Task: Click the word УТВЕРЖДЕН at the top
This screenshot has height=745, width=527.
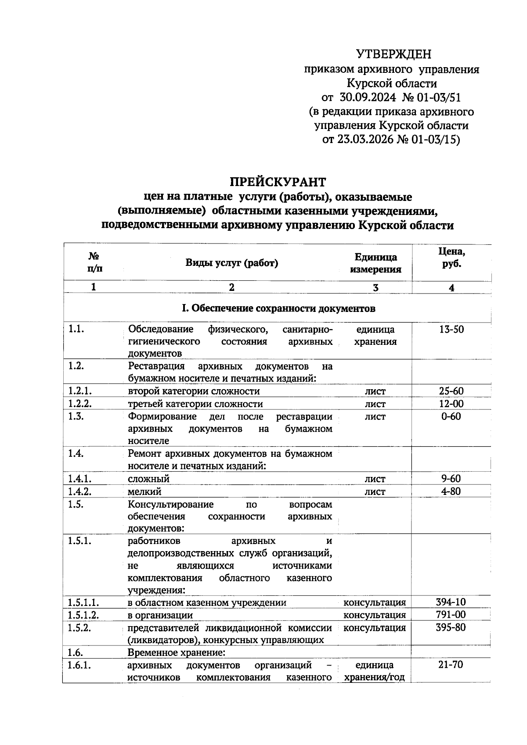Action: pos(393,54)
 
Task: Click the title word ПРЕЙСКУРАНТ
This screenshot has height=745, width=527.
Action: pos(278,182)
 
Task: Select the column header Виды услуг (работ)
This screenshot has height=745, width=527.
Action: pos(231,263)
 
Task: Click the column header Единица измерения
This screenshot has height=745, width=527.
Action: pos(375,263)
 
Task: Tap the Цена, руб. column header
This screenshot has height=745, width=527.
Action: pos(451,258)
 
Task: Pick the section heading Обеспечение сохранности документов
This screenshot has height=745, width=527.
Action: pos(278,308)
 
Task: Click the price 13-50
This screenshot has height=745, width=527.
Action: pos(451,330)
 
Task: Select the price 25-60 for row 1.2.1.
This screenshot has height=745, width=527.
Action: pos(451,391)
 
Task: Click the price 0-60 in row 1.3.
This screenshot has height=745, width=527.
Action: pos(451,416)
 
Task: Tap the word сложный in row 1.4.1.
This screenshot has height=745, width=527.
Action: pos(148,479)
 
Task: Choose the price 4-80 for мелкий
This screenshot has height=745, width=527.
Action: pos(451,491)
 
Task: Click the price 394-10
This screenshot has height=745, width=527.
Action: pos(451,602)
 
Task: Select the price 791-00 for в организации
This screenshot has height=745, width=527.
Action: pos(451,615)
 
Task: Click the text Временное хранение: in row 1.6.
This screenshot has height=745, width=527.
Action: pos(177,652)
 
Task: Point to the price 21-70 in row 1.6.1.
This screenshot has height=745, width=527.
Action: pos(451,665)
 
